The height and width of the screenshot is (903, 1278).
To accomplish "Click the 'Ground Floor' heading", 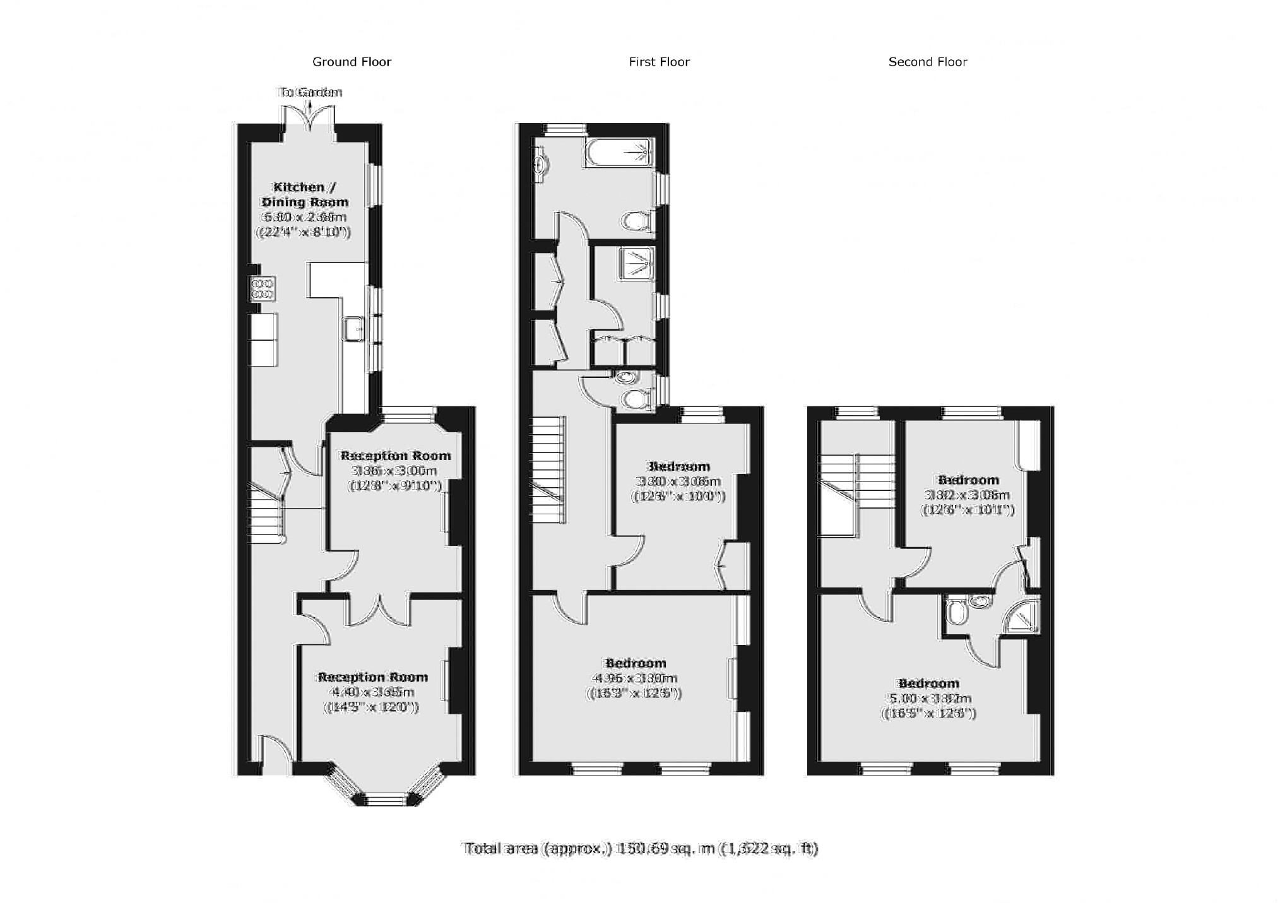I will [352, 62].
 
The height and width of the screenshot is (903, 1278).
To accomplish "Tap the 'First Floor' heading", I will [659, 62].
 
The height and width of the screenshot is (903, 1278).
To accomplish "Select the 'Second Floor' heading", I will [927, 62].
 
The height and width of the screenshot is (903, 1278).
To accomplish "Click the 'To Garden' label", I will [309, 93].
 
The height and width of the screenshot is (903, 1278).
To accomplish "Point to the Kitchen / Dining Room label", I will [304, 194].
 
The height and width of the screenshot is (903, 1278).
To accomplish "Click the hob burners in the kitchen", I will [262, 288].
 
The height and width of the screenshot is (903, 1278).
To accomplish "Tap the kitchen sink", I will [353, 329].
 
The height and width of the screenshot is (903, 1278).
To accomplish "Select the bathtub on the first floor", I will [618, 153].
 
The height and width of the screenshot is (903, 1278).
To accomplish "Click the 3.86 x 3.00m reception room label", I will [395, 471].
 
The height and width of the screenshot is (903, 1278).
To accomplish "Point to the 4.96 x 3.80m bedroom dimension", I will [634, 678].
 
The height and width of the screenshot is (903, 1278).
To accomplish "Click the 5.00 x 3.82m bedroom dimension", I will [928, 699].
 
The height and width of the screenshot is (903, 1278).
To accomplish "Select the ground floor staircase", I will [265, 512].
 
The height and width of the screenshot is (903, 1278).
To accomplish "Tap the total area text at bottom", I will [640, 848].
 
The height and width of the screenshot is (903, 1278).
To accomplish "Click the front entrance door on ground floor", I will [276, 756].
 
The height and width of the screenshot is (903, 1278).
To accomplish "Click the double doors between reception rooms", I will [379, 610].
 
